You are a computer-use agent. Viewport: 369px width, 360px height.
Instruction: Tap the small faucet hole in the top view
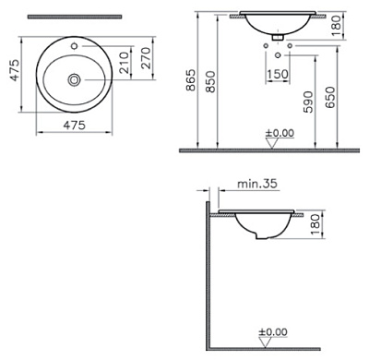click(72, 43)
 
